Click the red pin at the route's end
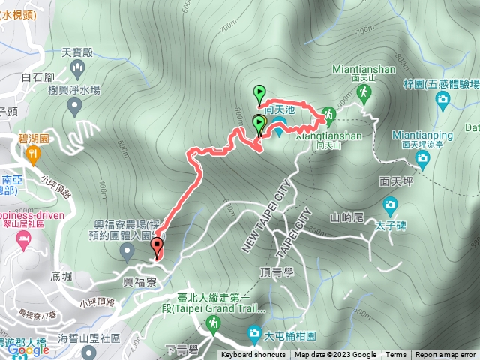[x=157, y=247]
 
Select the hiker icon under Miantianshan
[x=364, y=91]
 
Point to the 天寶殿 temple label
[x=76, y=53]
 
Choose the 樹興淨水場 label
[x=73, y=90]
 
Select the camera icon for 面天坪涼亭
[x=423, y=157]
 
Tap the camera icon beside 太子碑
[x=390, y=204]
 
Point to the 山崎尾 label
[x=346, y=217]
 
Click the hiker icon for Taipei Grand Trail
[x=214, y=323]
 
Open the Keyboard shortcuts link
[x=253, y=355]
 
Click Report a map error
[x=446, y=355]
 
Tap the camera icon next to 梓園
[x=442, y=99]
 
